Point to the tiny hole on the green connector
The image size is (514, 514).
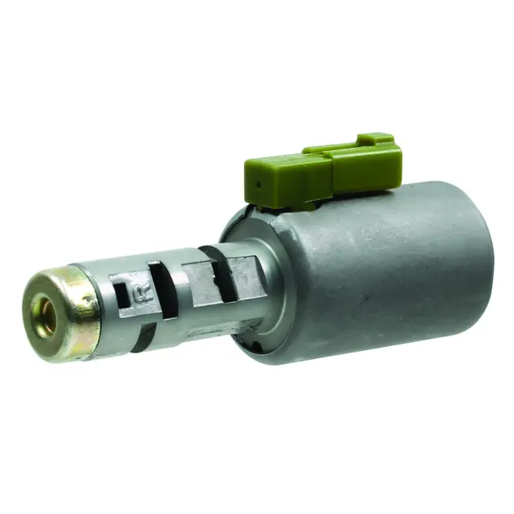257,184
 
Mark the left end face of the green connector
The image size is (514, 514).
256,185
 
